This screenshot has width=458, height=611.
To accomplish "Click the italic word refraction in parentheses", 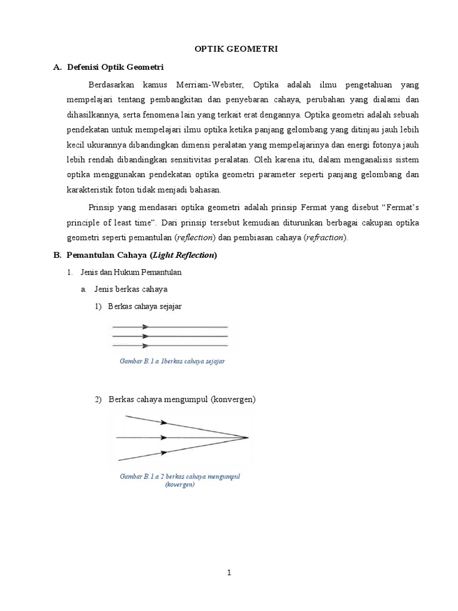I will point(325,237).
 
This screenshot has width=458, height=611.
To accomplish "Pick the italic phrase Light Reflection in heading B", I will point(184,255).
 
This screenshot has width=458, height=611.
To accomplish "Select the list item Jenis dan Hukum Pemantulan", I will point(131,273).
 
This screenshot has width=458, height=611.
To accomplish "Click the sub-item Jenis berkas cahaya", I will point(131,289).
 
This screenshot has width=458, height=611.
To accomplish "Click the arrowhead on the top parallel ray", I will point(144,327).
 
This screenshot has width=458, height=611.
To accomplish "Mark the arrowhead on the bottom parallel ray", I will point(144,345).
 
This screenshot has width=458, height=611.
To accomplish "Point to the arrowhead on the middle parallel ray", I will point(144,337).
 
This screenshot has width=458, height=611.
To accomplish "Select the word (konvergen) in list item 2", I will point(233,399).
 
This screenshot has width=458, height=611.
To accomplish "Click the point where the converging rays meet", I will point(247,438).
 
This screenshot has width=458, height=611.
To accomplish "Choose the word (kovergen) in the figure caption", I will point(180,485).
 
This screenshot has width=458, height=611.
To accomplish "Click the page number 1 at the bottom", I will point(228,573).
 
